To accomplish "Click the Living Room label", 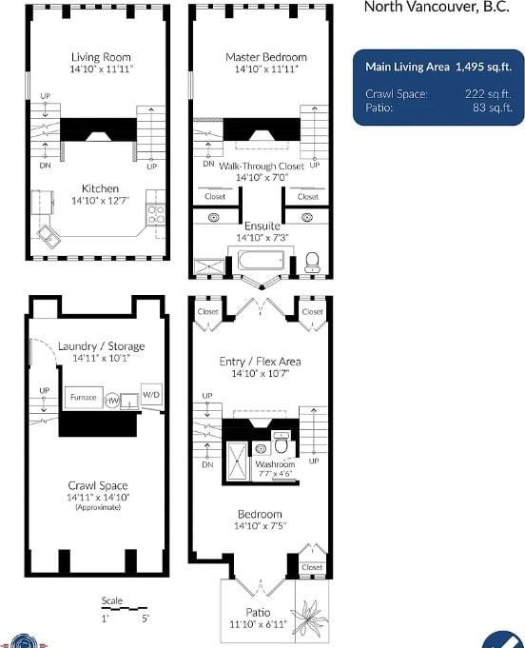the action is coord(101,57).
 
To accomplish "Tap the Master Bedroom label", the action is coord(266,57).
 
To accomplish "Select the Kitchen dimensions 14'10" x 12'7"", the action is coord(101,201).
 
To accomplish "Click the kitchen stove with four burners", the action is coord(156,215).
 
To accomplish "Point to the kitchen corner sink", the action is coord(49,237).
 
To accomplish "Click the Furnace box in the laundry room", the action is coord(84,397).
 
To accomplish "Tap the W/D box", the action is coord(151,395).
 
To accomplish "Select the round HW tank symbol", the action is coord(112,400).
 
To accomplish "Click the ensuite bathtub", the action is coord(261,261).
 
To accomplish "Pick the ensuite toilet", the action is coord(312,262).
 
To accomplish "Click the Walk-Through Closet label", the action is coord(262,167).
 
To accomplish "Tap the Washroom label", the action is coord(275,464).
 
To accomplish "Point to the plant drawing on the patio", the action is coord(308,615).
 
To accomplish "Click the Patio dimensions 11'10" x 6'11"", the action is coord(258,624).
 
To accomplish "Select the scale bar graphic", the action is coord(124,608).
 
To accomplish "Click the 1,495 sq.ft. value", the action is coord(483,67).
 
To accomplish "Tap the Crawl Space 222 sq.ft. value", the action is coord(488,94).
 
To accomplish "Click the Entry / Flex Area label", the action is coord(260,362).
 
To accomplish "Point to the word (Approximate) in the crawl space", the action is coord(98,507).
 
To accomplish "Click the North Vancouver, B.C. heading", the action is coord(437,7).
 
